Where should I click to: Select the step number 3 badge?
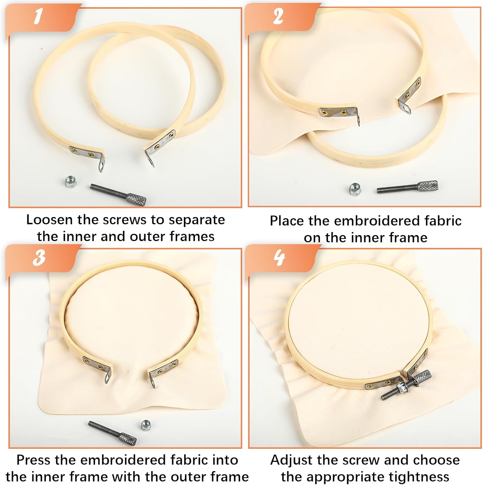click(x=39, y=258)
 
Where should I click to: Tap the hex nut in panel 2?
click(x=355, y=189)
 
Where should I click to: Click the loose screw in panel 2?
click(x=407, y=187)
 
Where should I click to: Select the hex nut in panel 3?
click(x=146, y=425)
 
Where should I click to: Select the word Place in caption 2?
click(x=287, y=221)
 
